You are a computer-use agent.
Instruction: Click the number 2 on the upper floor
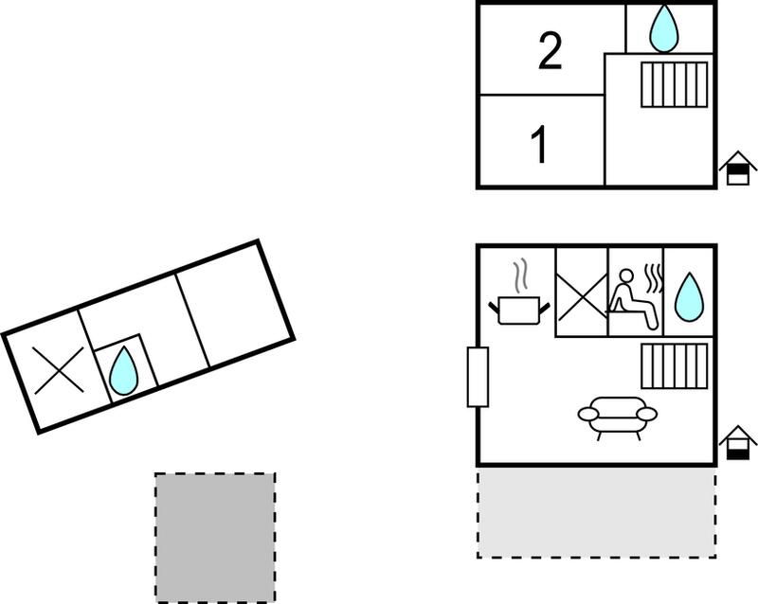tap(550, 51)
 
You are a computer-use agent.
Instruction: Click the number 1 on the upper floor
tap(539, 144)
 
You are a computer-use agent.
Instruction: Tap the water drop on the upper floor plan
tap(664, 28)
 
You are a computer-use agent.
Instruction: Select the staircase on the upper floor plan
tap(675, 84)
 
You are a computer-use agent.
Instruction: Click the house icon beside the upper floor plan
tap(738, 168)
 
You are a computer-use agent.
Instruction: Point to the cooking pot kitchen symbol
tap(519, 311)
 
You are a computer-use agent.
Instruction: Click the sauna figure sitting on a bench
tap(633, 299)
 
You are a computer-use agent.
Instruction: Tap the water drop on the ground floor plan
tap(689, 297)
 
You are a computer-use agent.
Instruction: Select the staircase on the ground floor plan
tap(675, 365)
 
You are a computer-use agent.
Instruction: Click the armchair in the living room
tap(618, 417)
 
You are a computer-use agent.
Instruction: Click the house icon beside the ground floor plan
tap(738, 442)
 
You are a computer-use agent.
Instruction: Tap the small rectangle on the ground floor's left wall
tap(478, 377)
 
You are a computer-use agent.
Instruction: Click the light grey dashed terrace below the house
tap(597, 512)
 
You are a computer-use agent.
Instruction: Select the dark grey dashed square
tap(215, 538)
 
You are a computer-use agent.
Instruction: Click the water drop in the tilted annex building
tap(124, 370)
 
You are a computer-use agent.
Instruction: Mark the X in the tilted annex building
tap(59, 370)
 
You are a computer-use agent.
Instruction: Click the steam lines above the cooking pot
tap(519, 276)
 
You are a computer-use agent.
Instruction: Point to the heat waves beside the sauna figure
tap(654, 278)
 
